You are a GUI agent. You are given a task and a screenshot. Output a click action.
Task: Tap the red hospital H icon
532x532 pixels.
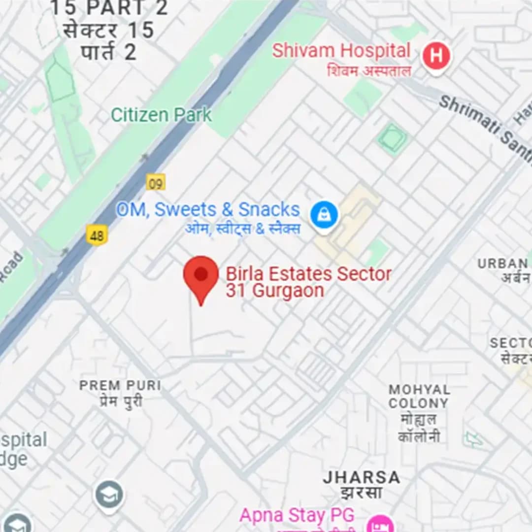(436, 57)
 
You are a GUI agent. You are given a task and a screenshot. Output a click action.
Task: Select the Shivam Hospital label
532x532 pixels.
(341, 51)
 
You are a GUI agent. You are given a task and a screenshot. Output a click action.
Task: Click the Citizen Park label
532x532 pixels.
(161, 115)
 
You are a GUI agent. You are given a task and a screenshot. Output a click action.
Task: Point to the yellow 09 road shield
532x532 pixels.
(156, 183)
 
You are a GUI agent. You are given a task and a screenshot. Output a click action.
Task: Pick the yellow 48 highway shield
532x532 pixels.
(97, 235)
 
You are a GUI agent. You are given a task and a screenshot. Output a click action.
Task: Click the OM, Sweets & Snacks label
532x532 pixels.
(208, 210)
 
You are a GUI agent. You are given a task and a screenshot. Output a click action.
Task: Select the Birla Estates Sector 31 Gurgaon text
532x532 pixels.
(308, 282)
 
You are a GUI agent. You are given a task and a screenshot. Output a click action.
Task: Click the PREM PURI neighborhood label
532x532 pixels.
(120, 385)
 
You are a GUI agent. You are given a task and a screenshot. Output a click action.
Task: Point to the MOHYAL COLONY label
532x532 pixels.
(419, 396)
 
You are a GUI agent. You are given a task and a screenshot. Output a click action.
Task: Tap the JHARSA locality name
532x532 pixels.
(362, 477)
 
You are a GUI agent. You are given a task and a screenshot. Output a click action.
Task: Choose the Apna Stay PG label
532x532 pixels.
(297, 515)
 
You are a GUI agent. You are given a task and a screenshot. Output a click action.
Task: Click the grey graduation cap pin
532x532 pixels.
(109, 494)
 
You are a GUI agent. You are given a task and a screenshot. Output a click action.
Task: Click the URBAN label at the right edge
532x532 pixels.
(502, 264)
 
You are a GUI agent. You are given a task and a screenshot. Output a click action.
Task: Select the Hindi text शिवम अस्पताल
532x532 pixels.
(368, 70)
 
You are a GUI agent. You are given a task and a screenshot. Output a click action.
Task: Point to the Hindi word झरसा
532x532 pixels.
(361, 492)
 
